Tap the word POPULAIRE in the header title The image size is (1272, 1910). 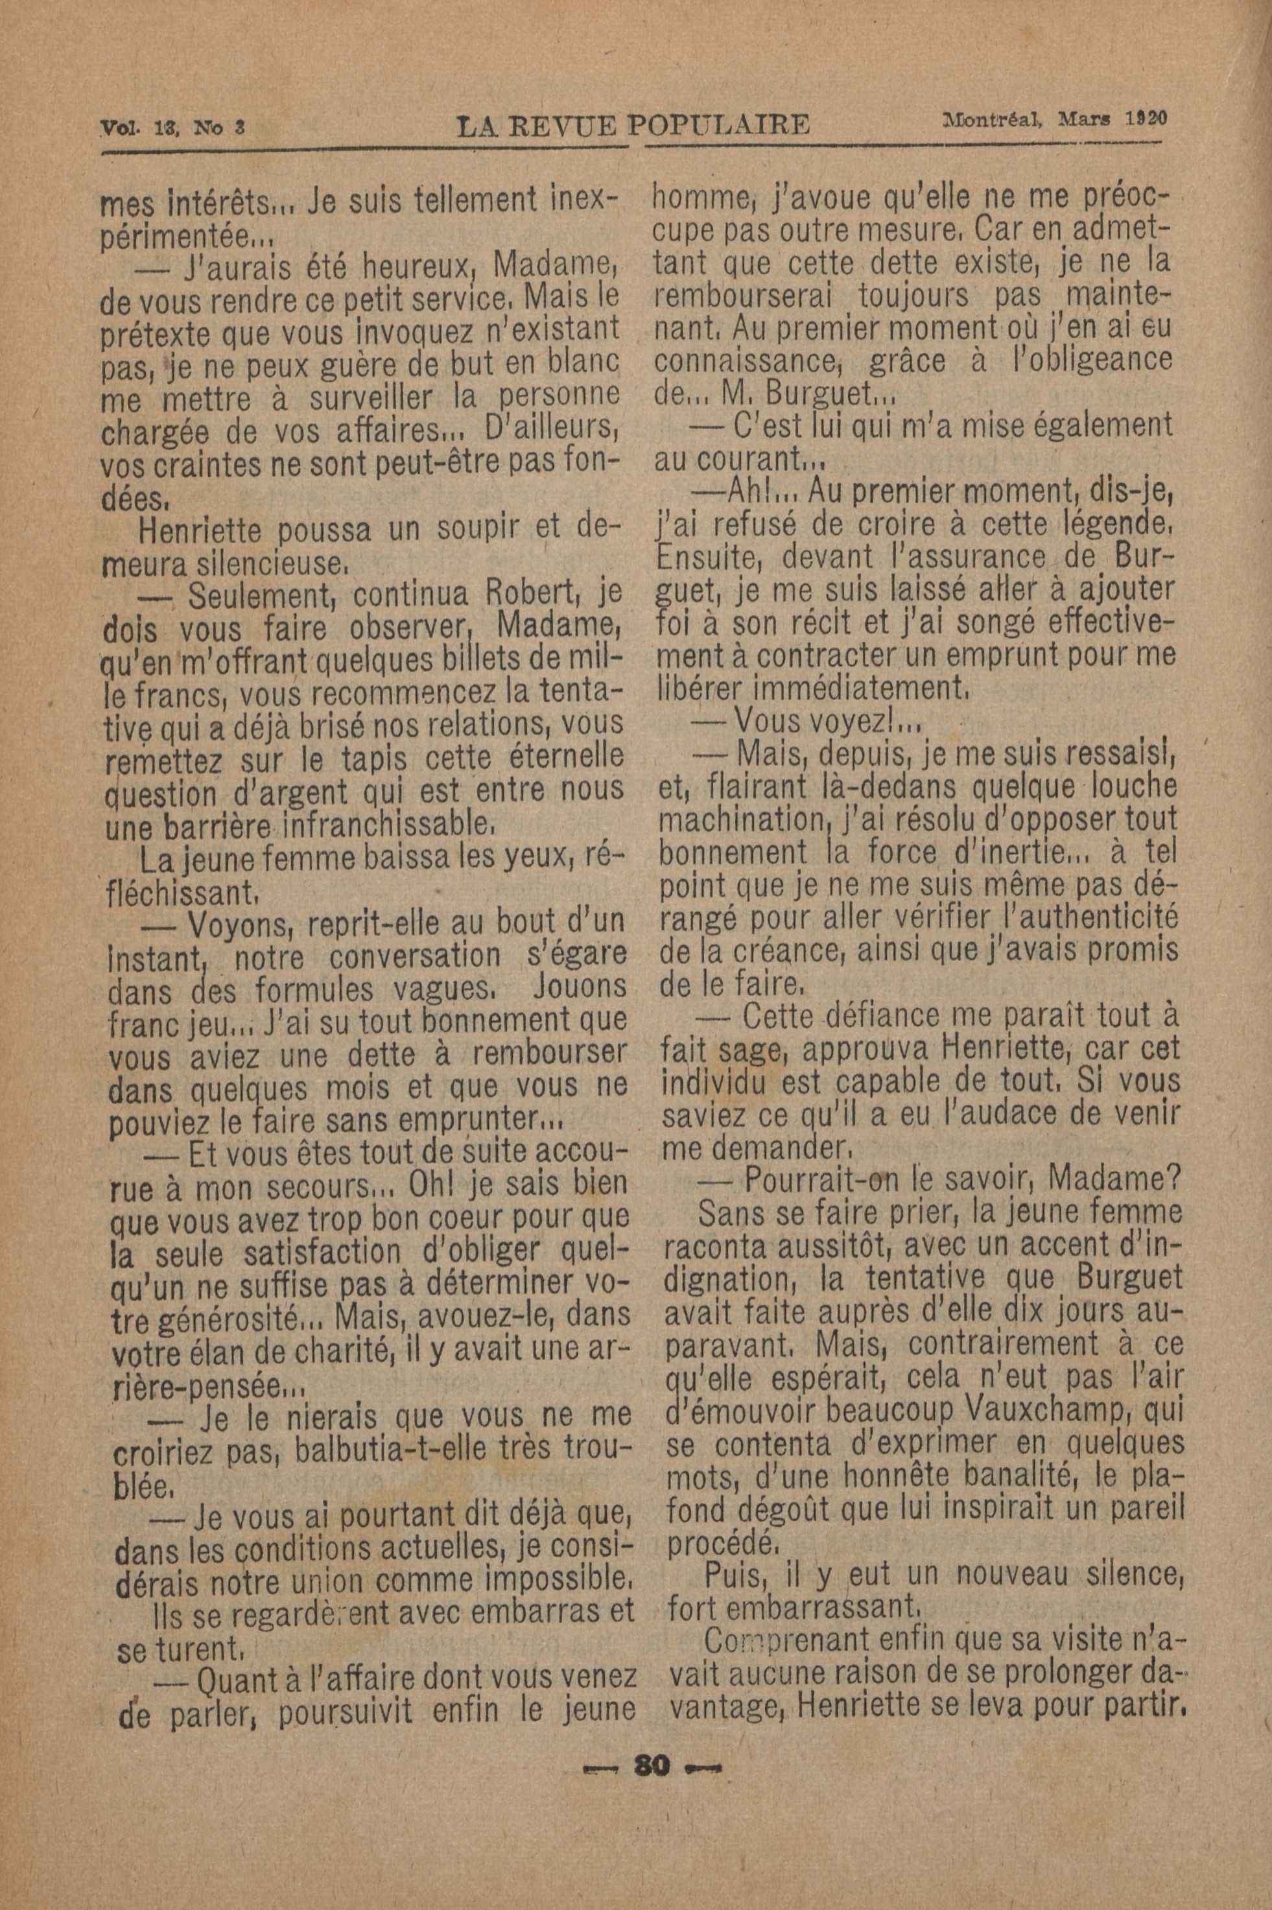point(720,126)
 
